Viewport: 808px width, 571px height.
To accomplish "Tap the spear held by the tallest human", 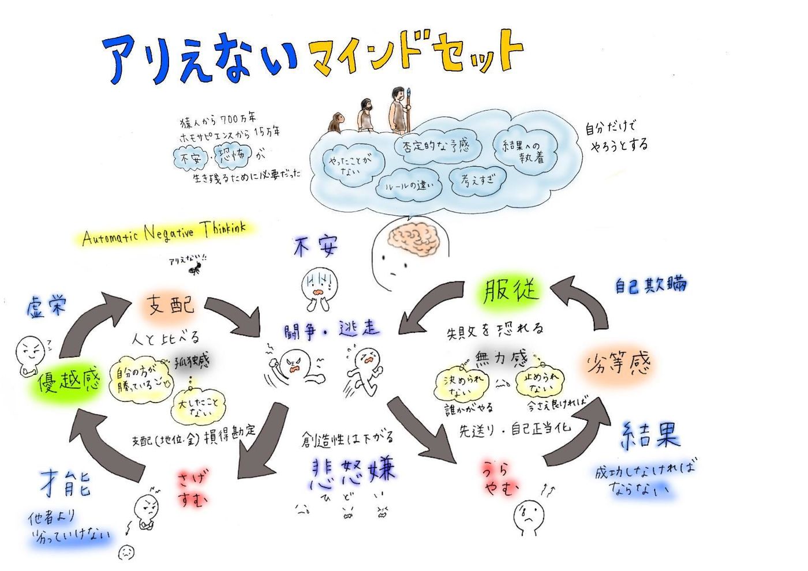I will pyautogui.click(x=409, y=110).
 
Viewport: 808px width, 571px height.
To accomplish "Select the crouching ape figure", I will pyautogui.click(x=336, y=122).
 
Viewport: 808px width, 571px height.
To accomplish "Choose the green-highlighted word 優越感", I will pyautogui.click(x=69, y=381).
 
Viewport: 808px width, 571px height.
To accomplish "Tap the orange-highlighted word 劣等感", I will pyautogui.click(x=618, y=364).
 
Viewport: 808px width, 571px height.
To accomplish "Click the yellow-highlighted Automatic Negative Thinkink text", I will pyautogui.click(x=164, y=233).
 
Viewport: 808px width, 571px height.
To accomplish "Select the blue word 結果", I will pyautogui.click(x=650, y=435).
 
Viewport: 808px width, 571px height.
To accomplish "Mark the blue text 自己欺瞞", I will pyautogui.click(x=650, y=284).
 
